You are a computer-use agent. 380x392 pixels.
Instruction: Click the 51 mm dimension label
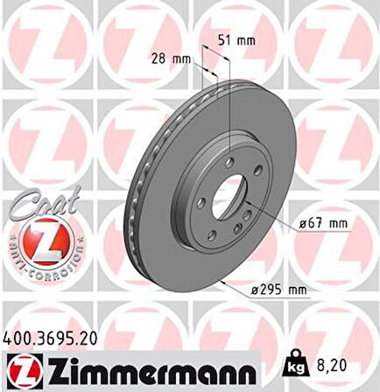click(236, 39)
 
